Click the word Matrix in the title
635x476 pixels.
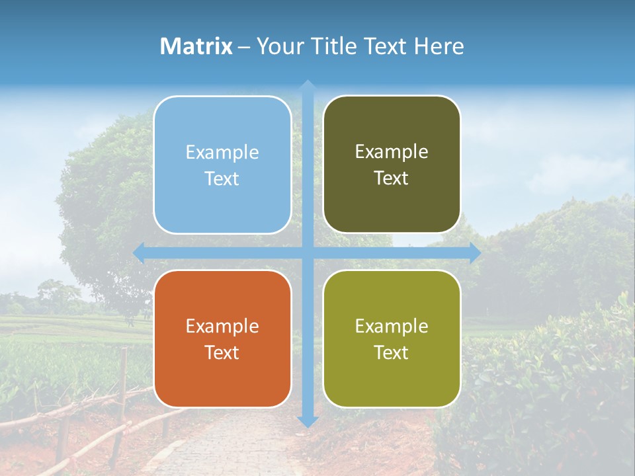coord(196,46)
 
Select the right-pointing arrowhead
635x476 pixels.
coord(475,253)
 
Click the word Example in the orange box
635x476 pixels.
coord(222,326)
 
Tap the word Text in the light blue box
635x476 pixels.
coord(222,178)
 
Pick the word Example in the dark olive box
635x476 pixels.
coord(392,151)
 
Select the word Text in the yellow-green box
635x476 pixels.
coord(392,352)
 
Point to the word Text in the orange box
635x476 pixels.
coord(222,352)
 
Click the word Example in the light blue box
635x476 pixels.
coord(222,152)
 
